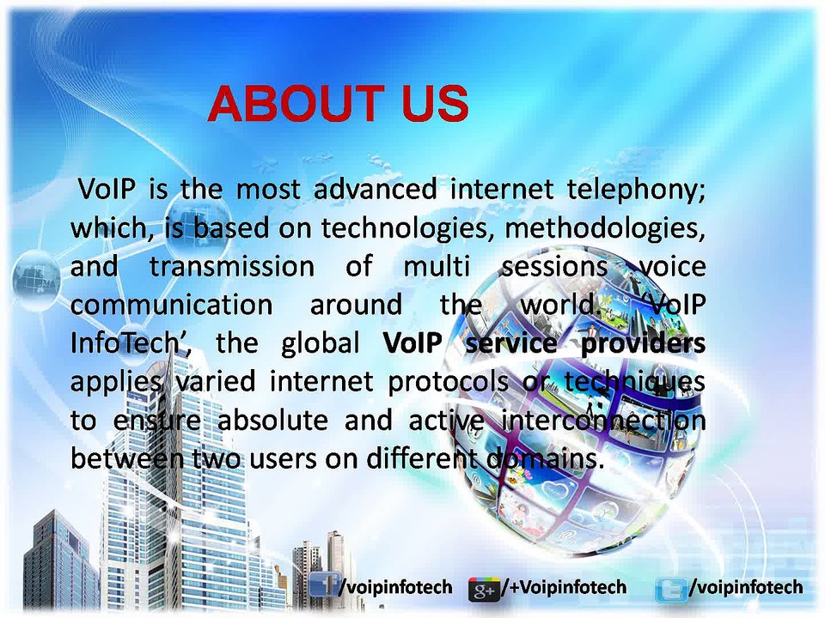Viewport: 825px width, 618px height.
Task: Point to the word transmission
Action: [x=232, y=267]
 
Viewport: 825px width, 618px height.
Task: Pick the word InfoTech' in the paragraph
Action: [x=135, y=343]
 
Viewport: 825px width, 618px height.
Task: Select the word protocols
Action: [x=448, y=381]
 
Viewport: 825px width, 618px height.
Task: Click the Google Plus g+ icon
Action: [x=484, y=589]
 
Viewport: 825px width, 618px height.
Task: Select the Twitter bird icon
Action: [x=670, y=589]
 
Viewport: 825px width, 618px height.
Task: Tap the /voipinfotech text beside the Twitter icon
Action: [x=746, y=587]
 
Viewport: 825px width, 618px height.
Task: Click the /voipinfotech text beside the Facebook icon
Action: [x=395, y=587]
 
